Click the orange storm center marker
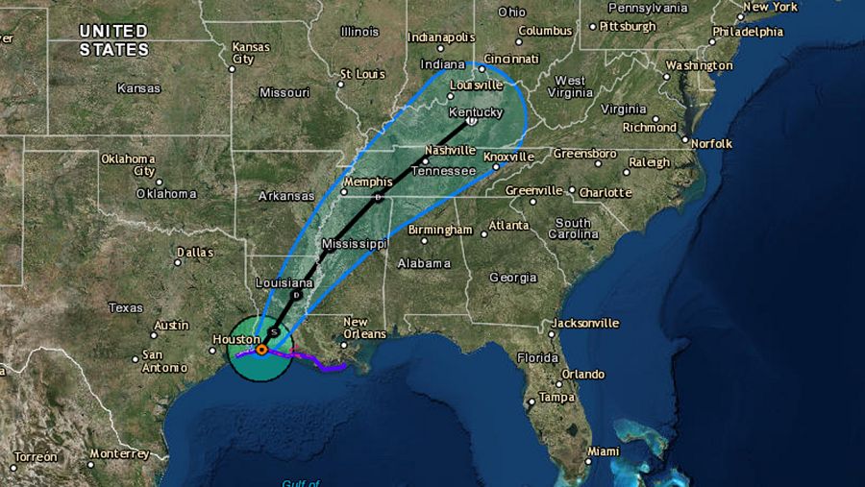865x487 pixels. [x=261, y=350]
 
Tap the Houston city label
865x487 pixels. [x=236, y=339]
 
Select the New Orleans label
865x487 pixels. [x=364, y=328]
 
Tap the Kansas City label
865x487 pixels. [x=250, y=53]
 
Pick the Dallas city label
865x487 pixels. [x=195, y=253]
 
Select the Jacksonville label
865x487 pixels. [x=584, y=324]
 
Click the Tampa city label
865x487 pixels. [x=556, y=398]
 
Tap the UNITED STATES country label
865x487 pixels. [x=113, y=40]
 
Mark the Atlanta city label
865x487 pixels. [x=508, y=226]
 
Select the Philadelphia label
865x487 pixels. [x=748, y=32]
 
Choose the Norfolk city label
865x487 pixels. [x=711, y=144]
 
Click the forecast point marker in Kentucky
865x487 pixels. [x=471, y=122]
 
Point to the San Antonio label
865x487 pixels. [x=163, y=360]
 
